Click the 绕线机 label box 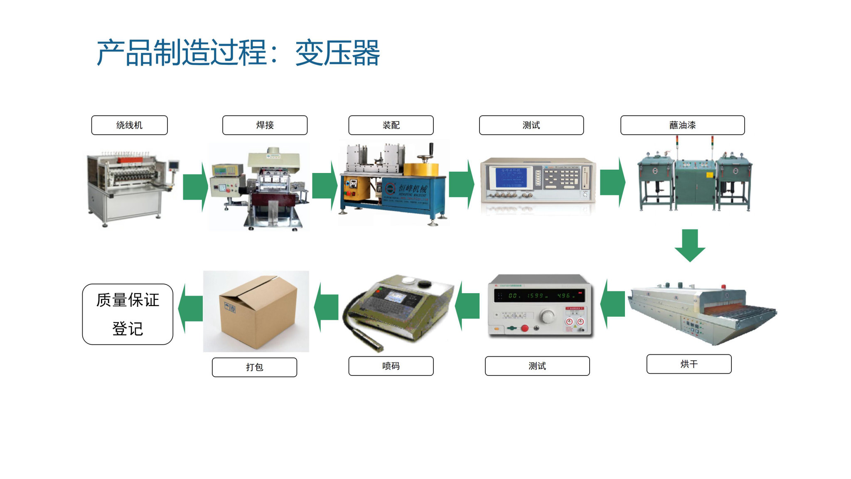tap(129, 125)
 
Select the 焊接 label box tap(265, 125)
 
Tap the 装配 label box tap(391, 125)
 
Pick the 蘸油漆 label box tap(682, 125)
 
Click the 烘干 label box tap(689, 364)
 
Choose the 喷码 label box tap(391, 366)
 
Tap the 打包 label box tap(254, 367)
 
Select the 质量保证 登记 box tap(128, 314)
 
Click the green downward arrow tap(690, 245)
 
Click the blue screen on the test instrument tap(511, 177)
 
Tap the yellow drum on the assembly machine tap(421, 170)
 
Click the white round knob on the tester tap(548, 316)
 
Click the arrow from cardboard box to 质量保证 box tap(190, 309)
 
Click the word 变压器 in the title tap(337, 53)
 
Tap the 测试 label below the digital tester tap(537, 366)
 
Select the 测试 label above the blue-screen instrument tap(531, 125)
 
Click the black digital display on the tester tap(539, 296)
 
